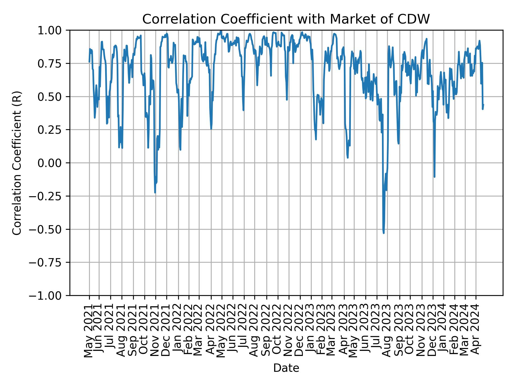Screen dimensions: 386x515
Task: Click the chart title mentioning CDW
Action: tap(286, 19)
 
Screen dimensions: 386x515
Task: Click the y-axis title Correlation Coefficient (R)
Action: tap(17, 163)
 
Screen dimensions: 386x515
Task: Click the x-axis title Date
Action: tap(286, 368)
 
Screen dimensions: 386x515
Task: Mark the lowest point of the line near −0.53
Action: tap(384, 233)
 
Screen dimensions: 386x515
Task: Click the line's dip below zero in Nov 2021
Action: tap(155, 192)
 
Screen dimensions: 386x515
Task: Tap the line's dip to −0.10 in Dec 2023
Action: tap(434, 177)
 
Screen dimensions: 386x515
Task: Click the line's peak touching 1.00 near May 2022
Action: tap(221, 31)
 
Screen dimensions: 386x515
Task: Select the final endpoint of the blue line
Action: tap(483, 105)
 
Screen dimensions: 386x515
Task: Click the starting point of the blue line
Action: tap(89, 62)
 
